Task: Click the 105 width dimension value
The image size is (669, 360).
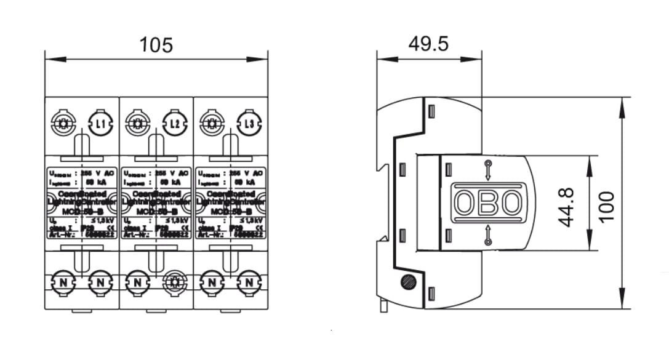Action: (156, 45)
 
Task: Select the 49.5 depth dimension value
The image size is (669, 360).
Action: (429, 45)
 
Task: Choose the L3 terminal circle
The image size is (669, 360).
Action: (249, 124)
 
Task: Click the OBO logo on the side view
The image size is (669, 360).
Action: (488, 202)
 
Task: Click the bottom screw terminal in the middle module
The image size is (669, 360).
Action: (175, 282)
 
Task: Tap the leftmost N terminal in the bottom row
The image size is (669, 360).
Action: (62, 282)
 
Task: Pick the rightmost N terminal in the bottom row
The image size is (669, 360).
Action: (249, 282)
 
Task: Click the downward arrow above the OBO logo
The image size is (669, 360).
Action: (488, 169)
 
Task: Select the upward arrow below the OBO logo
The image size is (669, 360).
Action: (488, 236)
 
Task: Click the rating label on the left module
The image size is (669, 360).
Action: (82, 202)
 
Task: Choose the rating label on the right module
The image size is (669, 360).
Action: (231, 202)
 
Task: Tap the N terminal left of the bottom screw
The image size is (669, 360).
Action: (137, 282)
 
